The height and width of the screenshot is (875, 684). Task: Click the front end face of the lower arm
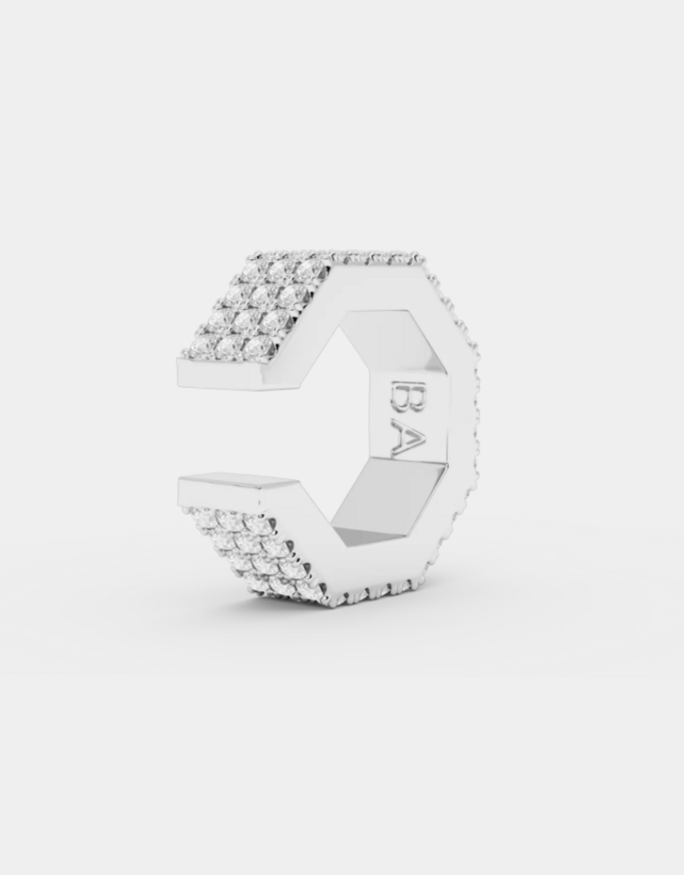[218, 496]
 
